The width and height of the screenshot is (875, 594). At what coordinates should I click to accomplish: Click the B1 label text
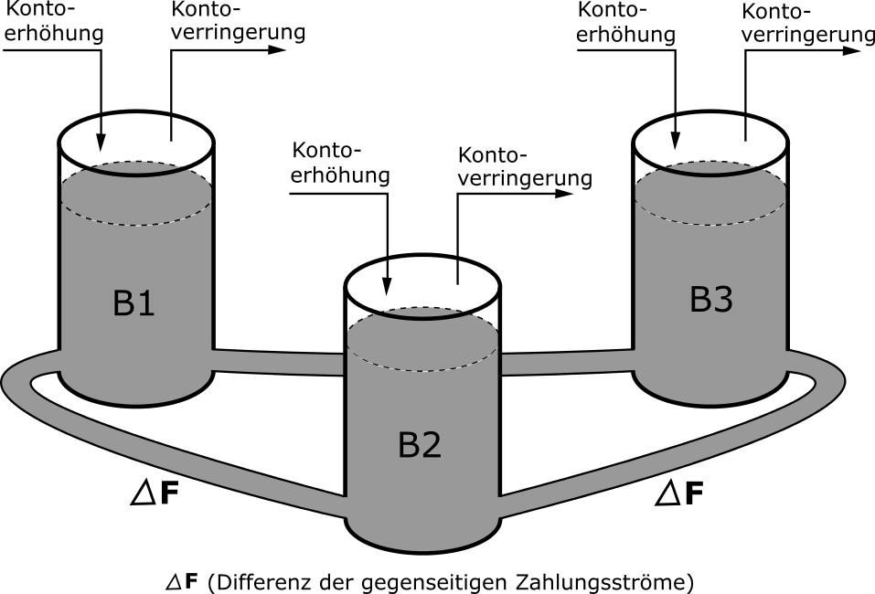point(133,303)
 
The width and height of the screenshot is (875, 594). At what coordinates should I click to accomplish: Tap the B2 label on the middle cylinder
point(420,445)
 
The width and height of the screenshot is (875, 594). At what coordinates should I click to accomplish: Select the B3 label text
point(710,300)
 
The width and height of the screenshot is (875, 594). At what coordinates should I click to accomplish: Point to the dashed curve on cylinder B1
point(136,224)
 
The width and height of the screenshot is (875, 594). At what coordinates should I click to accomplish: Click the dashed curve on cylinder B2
point(422,370)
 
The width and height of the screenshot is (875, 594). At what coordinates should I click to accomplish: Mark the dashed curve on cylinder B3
point(710,224)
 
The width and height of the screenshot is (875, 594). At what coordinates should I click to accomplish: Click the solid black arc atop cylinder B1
point(136,175)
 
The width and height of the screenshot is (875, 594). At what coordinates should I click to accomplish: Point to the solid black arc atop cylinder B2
point(422,319)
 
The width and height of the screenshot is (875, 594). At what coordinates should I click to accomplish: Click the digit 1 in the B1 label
point(145,303)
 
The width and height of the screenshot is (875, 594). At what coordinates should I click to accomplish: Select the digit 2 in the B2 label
point(432,445)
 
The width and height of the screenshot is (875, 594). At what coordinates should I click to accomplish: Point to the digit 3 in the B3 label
point(722,300)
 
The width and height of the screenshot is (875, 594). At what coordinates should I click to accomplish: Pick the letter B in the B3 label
point(699,300)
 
